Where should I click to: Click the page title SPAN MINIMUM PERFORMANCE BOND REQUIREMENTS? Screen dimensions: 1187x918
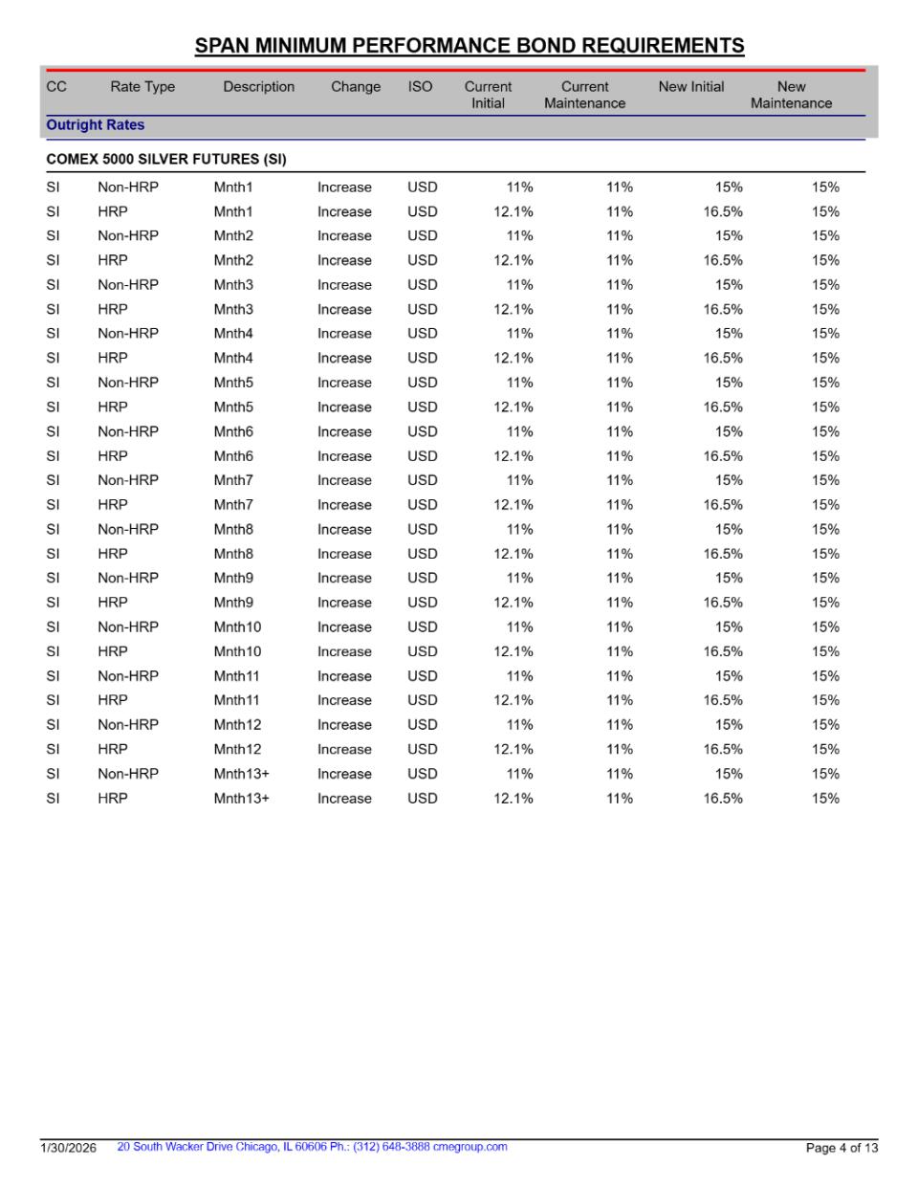point(469,46)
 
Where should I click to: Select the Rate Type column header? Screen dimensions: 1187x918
point(142,87)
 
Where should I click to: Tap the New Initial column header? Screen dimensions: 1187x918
point(690,87)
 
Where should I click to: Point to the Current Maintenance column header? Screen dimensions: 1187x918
point(584,95)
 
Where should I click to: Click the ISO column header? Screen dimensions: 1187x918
point(420,87)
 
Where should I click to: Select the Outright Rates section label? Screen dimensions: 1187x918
point(96,125)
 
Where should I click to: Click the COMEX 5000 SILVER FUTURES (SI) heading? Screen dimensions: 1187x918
point(166,160)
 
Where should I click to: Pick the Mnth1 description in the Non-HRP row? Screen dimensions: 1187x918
point(233,187)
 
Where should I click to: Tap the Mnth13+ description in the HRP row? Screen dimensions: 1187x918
point(241,799)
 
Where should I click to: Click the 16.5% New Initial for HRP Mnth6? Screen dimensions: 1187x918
point(723,456)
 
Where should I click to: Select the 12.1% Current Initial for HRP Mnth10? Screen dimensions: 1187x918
point(514,651)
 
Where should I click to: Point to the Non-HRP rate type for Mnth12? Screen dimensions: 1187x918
point(128,725)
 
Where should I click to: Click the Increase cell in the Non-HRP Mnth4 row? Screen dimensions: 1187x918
point(344,334)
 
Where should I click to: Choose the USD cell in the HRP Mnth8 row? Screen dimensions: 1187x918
point(422,554)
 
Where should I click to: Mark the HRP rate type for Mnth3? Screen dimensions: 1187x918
point(112,310)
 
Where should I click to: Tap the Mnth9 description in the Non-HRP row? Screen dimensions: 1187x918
point(233,578)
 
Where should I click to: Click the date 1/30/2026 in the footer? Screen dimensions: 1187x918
point(68,1148)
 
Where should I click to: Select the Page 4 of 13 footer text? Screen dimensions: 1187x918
point(841,1148)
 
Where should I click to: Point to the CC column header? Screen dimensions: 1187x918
point(56,87)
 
